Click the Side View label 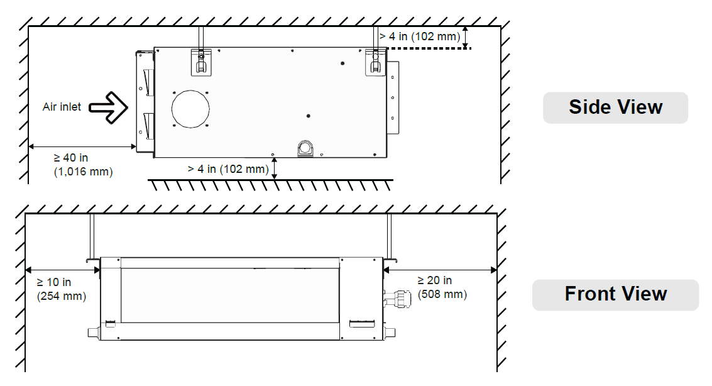pyautogui.click(x=615, y=108)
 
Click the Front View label pyautogui.click(x=615, y=294)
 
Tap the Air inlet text pyautogui.click(x=62, y=107)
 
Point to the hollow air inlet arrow pyautogui.click(x=109, y=108)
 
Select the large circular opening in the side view pyautogui.click(x=190, y=109)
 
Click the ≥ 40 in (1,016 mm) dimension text pyautogui.click(x=83, y=165)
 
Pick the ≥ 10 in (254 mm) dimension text pyautogui.click(x=62, y=289)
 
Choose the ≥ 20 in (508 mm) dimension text pyautogui.click(x=442, y=287)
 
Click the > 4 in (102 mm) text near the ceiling pyautogui.click(x=420, y=37)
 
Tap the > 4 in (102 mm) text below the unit pyautogui.click(x=228, y=169)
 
